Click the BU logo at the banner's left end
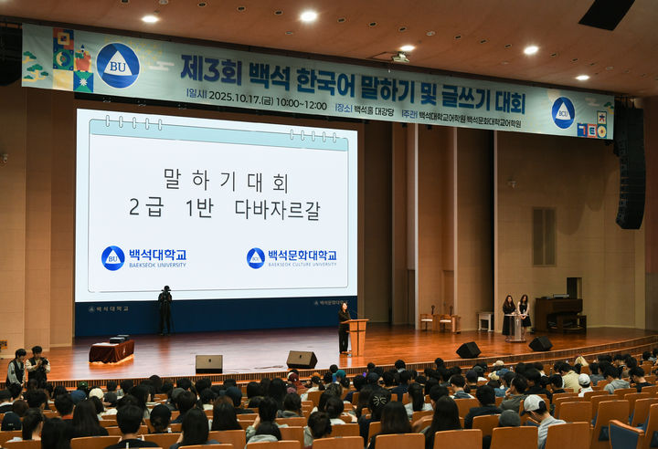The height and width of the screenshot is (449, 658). pyautogui.click(x=118, y=65)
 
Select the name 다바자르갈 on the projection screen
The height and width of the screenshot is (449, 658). pyautogui.click(x=277, y=209)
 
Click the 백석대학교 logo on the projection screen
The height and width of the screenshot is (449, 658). pyautogui.click(x=143, y=257)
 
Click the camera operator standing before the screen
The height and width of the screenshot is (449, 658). pyautogui.click(x=164, y=309)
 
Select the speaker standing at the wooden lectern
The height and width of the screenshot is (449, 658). pyautogui.click(x=345, y=327)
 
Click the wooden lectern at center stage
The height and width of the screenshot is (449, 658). pyautogui.click(x=357, y=336)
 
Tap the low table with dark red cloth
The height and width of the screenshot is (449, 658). pyautogui.click(x=111, y=351)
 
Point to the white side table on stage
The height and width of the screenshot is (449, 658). pyautogui.click(x=484, y=321)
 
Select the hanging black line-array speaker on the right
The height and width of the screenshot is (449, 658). pyautogui.click(x=630, y=169)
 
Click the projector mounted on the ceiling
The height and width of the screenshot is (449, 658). pyautogui.click(x=400, y=57)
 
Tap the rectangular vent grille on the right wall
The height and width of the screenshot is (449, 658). pyautogui.click(x=544, y=236)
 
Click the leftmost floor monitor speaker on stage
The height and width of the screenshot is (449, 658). pyautogui.click(x=208, y=363)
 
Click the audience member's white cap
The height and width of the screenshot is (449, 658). pyautogui.click(x=534, y=402)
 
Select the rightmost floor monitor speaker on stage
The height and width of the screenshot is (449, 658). pyautogui.click(x=540, y=344)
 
